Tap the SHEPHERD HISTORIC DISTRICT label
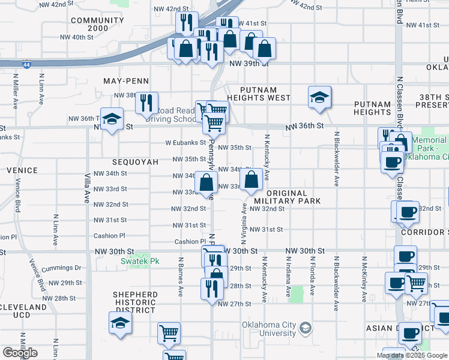tap(136, 302)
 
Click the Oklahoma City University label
tap(269, 329)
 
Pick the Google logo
tap(20, 352)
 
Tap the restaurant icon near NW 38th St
tap(146, 103)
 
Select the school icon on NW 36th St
tap(112, 119)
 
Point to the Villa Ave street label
tap(87, 184)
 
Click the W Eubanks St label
tap(185, 143)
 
